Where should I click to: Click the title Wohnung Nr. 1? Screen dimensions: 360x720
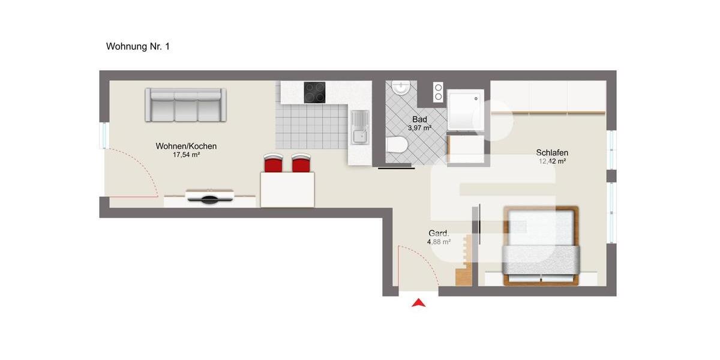tap(137, 46)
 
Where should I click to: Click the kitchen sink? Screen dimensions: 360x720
tap(359, 128)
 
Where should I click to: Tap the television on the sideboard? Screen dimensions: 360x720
tap(208, 196)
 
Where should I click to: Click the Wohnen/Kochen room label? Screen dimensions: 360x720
tap(186, 146)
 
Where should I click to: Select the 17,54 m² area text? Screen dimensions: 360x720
tap(186, 155)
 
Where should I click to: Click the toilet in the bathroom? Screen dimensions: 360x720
tap(397, 145)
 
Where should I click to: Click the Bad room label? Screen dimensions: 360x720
tap(419, 119)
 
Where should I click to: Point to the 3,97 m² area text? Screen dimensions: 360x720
tap(419, 128)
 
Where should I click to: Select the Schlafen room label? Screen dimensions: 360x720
tap(552, 152)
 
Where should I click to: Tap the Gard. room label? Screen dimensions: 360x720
tap(439, 233)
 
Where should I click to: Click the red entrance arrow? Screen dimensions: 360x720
tap(418, 303)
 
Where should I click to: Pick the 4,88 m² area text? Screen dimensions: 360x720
tap(439, 242)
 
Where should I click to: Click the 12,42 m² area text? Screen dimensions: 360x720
tap(552, 161)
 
